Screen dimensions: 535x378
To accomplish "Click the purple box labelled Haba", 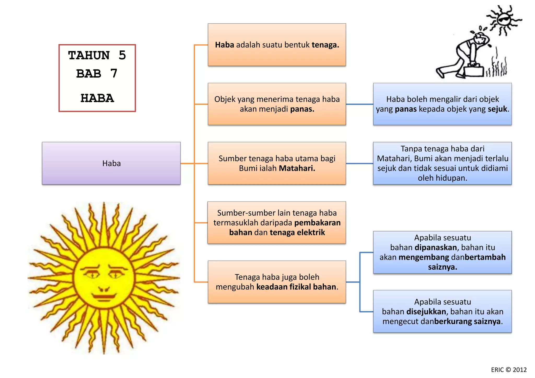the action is click(x=111, y=163).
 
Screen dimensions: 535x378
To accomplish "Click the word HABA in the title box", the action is click(x=97, y=98).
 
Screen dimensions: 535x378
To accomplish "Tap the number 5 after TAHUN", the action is click(x=122, y=55).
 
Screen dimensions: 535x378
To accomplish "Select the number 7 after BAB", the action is click(x=114, y=73).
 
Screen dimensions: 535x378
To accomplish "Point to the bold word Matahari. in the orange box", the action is click(x=297, y=168).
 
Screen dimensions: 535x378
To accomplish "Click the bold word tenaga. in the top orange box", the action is click(x=325, y=45).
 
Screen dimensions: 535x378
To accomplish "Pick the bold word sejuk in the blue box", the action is click(x=497, y=109).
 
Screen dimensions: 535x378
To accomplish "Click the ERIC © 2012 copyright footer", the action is click(x=509, y=370).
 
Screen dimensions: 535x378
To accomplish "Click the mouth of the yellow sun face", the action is click(x=104, y=297).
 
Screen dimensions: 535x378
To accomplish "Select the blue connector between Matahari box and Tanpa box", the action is click(x=359, y=164).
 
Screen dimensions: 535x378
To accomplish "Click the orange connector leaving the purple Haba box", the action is click(x=187, y=164).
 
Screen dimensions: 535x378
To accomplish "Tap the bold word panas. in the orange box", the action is click(x=302, y=109).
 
